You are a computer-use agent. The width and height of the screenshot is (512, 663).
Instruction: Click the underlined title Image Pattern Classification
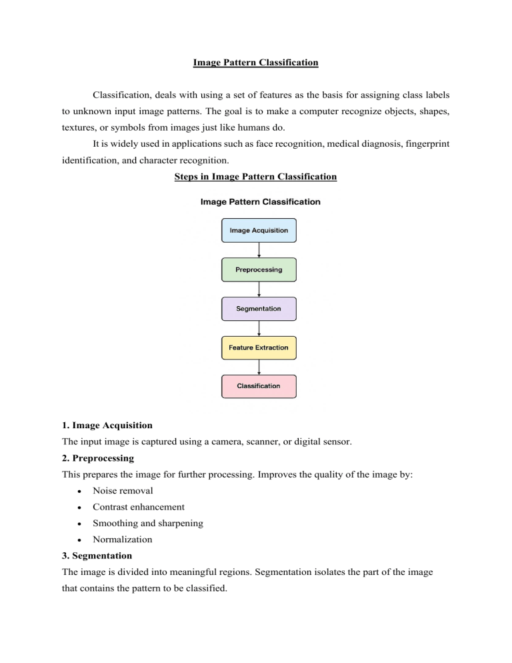coord(256,63)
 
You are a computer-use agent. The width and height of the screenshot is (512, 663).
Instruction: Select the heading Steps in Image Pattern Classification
coord(255,177)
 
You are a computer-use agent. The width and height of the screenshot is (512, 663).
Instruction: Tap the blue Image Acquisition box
coord(259,230)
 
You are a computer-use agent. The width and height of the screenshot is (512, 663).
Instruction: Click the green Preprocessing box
coord(259,269)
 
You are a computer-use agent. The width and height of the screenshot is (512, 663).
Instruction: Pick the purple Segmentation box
coord(259,309)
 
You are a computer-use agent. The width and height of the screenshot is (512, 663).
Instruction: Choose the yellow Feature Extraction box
coord(259,348)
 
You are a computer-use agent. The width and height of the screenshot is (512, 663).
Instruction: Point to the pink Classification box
coord(259,386)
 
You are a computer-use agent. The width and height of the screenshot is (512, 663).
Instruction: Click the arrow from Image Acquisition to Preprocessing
coord(259,249)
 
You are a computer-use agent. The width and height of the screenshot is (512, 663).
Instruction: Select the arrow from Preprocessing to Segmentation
coord(259,289)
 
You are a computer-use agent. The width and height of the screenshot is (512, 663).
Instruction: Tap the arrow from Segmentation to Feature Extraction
coord(259,328)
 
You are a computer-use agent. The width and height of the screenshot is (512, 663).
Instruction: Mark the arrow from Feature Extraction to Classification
coord(259,367)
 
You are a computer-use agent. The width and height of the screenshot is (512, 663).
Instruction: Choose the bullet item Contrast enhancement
coord(139,507)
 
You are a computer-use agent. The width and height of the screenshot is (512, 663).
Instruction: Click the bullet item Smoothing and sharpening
coord(148,523)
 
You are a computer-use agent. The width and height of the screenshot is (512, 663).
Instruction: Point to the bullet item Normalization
coord(123,539)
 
